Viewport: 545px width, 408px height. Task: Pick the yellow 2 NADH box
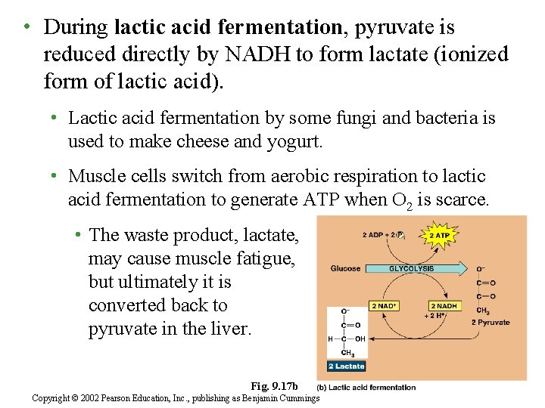(446, 305)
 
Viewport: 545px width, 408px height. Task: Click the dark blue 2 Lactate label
(346, 366)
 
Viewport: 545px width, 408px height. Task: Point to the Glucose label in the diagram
(345, 268)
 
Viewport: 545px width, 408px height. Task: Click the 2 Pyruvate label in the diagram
(490, 323)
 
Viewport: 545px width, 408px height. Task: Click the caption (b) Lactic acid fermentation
(366, 388)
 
